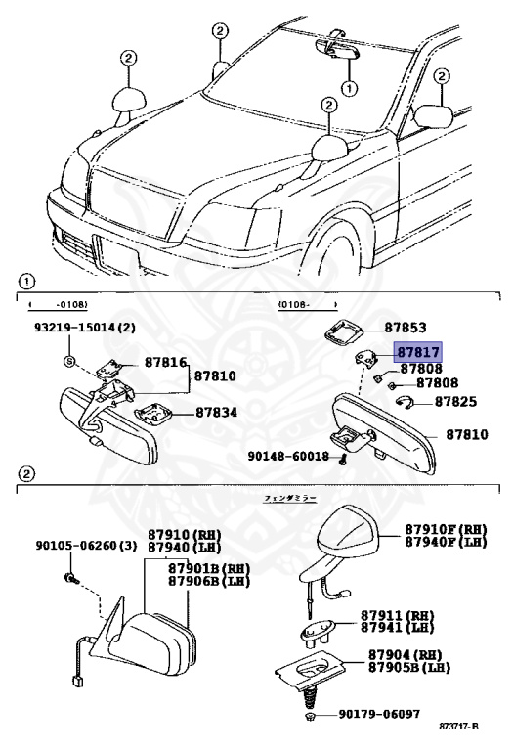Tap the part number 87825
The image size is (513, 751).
click(x=455, y=401)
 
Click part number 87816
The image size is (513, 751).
click(x=164, y=363)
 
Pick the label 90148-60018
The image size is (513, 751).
click(x=288, y=456)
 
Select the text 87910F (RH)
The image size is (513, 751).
click(x=446, y=529)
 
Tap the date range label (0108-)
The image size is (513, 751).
click(x=296, y=305)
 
